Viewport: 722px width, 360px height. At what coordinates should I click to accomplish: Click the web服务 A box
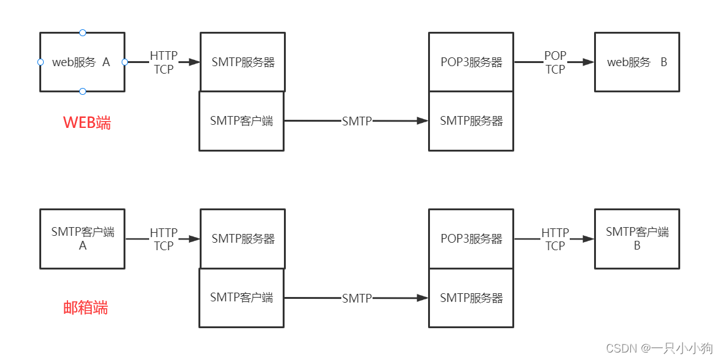click(x=82, y=62)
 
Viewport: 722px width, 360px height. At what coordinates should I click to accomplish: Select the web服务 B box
click(x=637, y=62)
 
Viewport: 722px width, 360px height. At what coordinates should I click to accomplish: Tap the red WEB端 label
click(x=87, y=123)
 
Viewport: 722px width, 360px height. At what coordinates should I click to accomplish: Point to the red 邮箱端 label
click(x=85, y=308)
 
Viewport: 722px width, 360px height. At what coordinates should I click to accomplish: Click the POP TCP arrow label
click(x=555, y=62)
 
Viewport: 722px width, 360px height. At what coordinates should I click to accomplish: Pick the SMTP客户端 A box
click(x=82, y=239)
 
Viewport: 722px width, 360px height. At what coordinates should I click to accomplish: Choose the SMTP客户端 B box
click(x=637, y=239)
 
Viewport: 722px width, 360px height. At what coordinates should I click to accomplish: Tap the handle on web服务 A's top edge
click(x=82, y=32)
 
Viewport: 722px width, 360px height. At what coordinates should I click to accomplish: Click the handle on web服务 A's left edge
click(x=41, y=62)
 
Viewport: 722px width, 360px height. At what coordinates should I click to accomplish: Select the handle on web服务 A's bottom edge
click(x=82, y=92)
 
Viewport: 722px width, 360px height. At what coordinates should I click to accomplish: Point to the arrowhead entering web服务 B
click(x=588, y=62)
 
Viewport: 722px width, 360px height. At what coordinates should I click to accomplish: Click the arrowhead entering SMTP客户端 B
click(x=588, y=239)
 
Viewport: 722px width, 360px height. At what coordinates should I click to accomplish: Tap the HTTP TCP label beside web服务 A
click(x=163, y=62)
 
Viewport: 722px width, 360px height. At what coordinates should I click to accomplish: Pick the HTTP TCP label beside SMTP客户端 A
click(x=163, y=239)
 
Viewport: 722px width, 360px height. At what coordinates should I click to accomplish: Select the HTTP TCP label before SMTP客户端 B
click(x=555, y=239)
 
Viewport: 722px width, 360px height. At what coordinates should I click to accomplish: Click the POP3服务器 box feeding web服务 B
click(x=471, y=62)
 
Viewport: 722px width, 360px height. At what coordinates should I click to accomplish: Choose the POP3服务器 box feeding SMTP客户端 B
click(x=471, y=239)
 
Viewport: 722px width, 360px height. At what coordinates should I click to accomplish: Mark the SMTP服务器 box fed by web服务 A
click(x=243, y=62)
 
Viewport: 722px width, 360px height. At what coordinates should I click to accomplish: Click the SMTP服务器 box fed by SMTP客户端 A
click(x=243, y=239)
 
